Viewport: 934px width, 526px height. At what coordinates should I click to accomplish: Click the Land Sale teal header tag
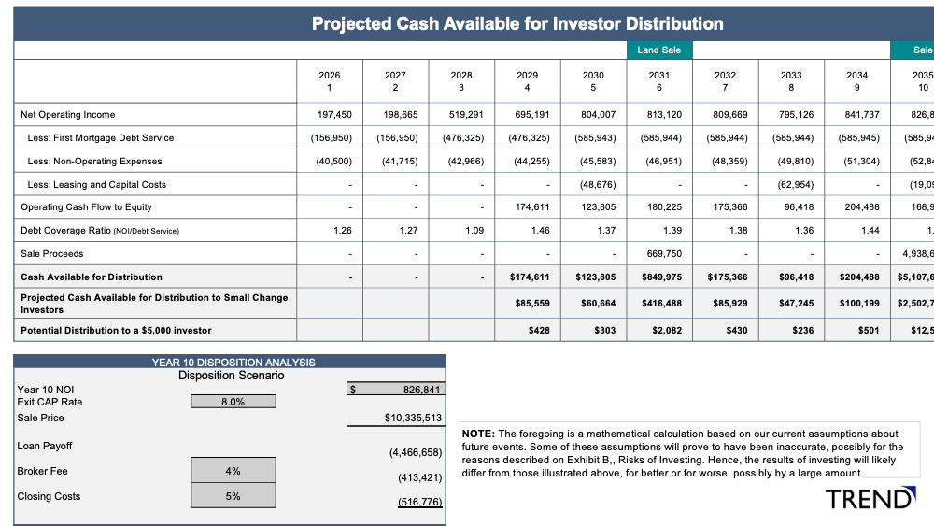click(659, 50)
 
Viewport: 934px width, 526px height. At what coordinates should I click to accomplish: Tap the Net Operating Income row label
click(68, 115)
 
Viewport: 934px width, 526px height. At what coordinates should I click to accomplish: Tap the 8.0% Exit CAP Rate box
click(233, 402)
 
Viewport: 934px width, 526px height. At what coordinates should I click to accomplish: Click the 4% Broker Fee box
click(233, 471)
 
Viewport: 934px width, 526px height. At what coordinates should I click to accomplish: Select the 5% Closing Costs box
click(233, 496)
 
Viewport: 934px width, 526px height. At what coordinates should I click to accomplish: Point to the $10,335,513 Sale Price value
click(413, 419)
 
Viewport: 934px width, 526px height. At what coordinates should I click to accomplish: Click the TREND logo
click(870, 500)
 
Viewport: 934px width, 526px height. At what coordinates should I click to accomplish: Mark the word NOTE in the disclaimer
click(477, 434)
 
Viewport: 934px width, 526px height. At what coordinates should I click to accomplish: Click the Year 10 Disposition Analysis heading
click(233, 363)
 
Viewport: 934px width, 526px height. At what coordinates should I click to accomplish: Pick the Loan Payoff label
click(45, 446)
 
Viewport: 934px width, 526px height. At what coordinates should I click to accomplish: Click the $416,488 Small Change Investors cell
click(660, 303)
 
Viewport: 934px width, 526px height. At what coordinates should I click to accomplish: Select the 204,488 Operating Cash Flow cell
click(856, 206)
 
